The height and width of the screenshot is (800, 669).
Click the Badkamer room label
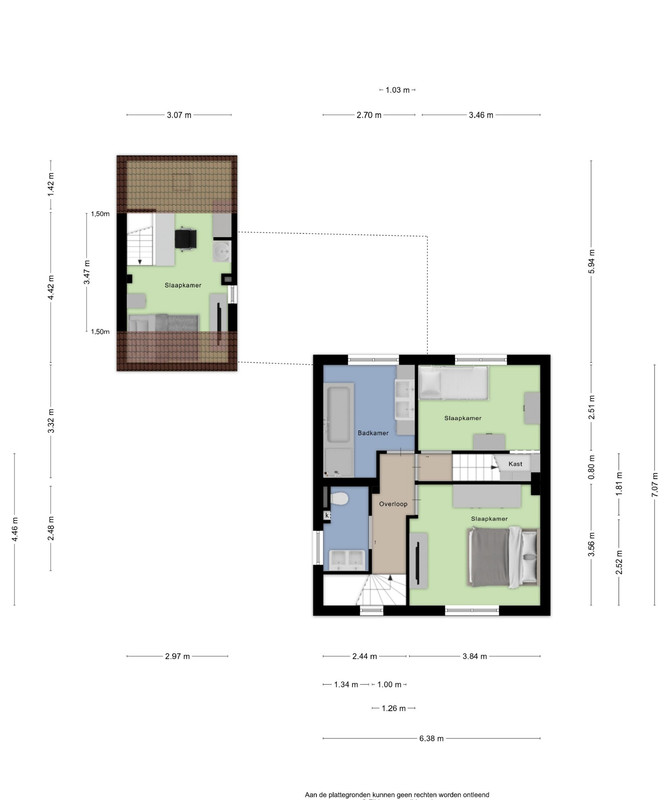(x=373, y=433)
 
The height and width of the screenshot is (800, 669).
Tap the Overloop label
(x=393, y=504)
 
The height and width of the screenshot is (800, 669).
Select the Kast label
(x=515, y=464)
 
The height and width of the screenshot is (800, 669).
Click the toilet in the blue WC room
(x=339, y=497)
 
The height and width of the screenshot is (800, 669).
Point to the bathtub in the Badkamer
(x=339, y=412)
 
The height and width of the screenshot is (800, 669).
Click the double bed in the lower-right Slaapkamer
(x=503, y=557)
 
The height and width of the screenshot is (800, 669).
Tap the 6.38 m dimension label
(x=432, y=738)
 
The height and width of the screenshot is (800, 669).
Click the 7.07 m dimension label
(x=655, y=484)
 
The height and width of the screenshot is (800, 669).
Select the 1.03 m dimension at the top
(x=398, y=90)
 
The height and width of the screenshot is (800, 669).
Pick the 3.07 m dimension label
(x=179, y=115)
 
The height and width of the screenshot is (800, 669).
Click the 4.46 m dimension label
(x=15, y=529)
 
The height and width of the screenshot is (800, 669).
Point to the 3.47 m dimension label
(x=87, y=272)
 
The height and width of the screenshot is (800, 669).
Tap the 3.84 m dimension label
(x=475, y=656)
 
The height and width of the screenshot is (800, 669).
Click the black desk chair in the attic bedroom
(x=186, y=238)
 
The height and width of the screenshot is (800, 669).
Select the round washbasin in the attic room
(x=222, y=252)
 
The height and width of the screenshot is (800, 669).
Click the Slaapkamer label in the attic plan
(x=183, y=285)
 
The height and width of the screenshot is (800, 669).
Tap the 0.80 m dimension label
(x=592, y=466)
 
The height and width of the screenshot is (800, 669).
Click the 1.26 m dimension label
(x=394, y=708)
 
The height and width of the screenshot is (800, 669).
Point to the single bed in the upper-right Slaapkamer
(x=453, y=383)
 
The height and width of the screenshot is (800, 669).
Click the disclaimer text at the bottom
(x=397, y=794)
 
